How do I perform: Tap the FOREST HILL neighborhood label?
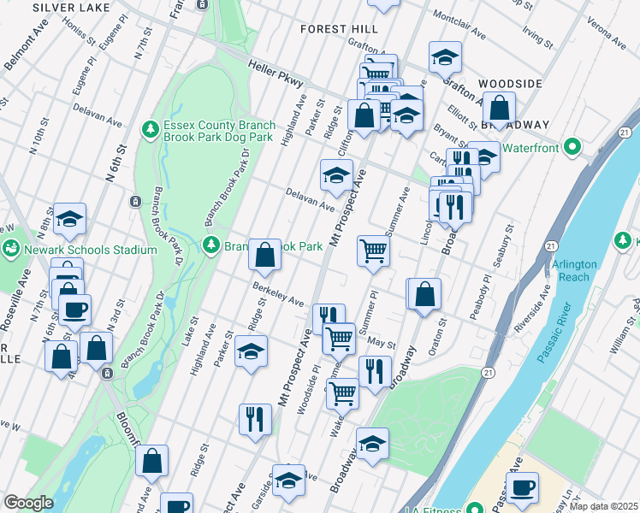tap(339, 29)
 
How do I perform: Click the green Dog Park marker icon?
tap(151, 129)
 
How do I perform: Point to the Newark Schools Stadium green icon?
tap(12, 250)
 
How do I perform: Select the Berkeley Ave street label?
tap(277, 295)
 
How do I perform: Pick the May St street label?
tap(381, 344)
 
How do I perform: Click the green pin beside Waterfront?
tap(572, 148)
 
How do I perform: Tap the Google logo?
tap(28, 503)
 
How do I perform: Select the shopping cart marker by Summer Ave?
tap(373, 252)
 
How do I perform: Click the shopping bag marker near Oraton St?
tap(424, 295)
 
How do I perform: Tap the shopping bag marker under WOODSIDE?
tap(499, 109)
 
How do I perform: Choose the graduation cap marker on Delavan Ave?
tap(336, 177)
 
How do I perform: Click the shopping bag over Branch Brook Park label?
tap(264, 254)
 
